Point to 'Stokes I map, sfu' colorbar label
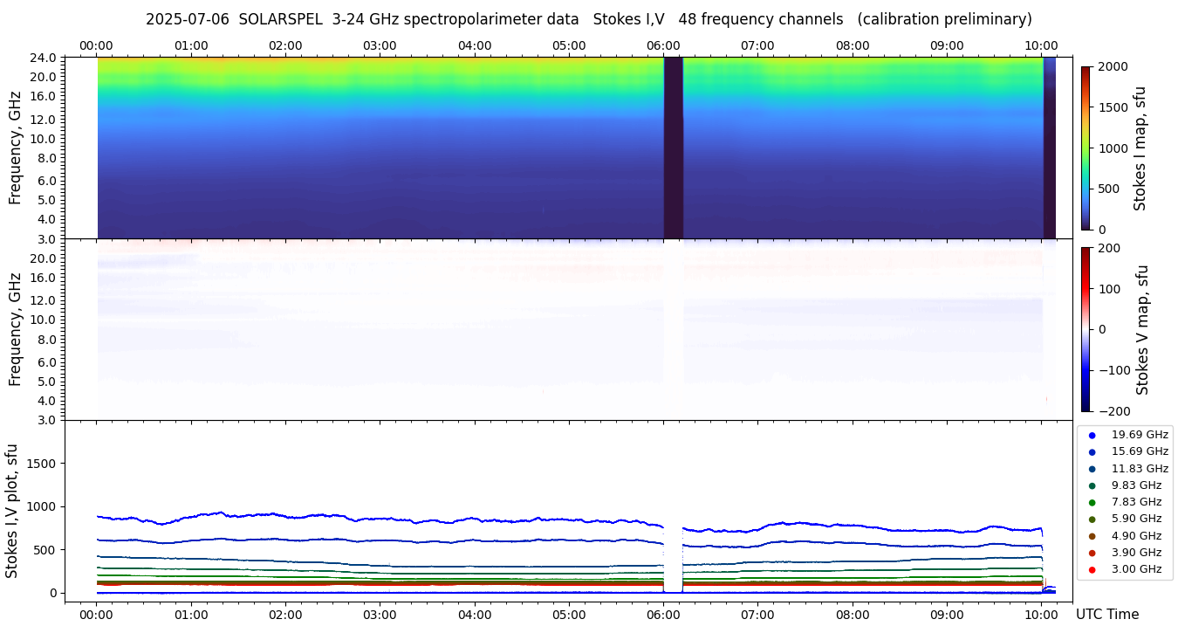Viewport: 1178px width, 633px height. pos(1140,148)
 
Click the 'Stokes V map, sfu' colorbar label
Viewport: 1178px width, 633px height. pos(1142,330)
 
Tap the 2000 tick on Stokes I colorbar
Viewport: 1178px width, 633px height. pos(1113,67)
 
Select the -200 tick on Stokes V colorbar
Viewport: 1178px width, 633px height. pos(1113,411)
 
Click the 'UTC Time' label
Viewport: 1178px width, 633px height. pos(1106,615)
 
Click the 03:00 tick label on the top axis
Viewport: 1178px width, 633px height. pos(380,45)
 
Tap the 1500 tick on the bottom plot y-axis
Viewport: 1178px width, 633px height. pos(40,464)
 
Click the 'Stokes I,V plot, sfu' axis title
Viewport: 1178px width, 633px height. pos(12,511)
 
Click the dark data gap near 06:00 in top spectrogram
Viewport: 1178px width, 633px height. pos(673,148)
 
